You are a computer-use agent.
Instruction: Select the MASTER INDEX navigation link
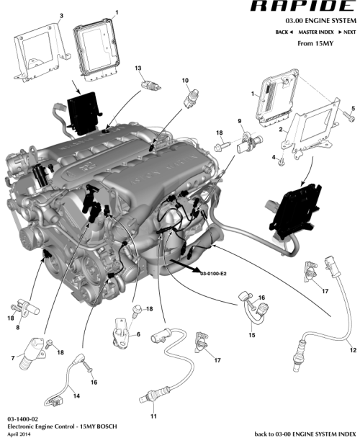(x=317, y=32)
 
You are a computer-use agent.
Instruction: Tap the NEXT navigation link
(x=348, y=32)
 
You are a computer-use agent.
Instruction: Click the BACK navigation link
(x=286, y=32)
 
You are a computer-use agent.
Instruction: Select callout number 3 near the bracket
(x=60, y=15)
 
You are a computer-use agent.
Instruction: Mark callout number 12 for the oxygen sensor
(x=353, y=350)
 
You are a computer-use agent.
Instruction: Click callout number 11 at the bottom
(x=153, y=416)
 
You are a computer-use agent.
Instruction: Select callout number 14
(x=77, y=395)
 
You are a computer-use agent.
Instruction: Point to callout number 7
(x=13, y=358)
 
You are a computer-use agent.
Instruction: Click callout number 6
(x=138, y=335)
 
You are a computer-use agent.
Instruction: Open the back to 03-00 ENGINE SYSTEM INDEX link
(x=305, y=434)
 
